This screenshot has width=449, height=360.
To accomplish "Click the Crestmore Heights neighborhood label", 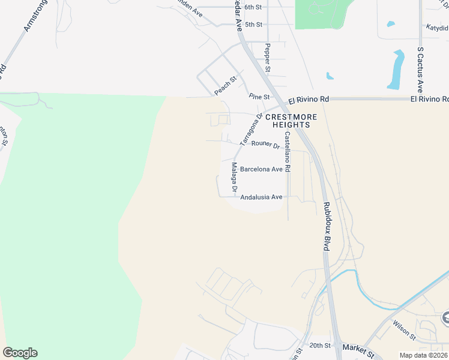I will point(288,121).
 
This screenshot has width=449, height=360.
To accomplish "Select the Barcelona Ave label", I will point(261,169).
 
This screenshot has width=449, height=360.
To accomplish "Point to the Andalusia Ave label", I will point(261,197).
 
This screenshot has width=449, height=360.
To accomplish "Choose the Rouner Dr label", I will point(266,144).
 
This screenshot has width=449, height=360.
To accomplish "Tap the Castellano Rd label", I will point(288,152).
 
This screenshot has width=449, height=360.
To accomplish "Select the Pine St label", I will point(259,96).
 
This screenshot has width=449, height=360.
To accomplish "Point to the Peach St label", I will point(226,86).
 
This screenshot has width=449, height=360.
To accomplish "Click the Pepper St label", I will point(268,58).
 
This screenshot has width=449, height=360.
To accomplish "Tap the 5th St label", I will point(254,25).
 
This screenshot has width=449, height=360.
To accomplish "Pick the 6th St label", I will point(254,7).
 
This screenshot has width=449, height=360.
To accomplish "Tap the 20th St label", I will point(320,346).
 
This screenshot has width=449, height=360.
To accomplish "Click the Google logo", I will point(20,353).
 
